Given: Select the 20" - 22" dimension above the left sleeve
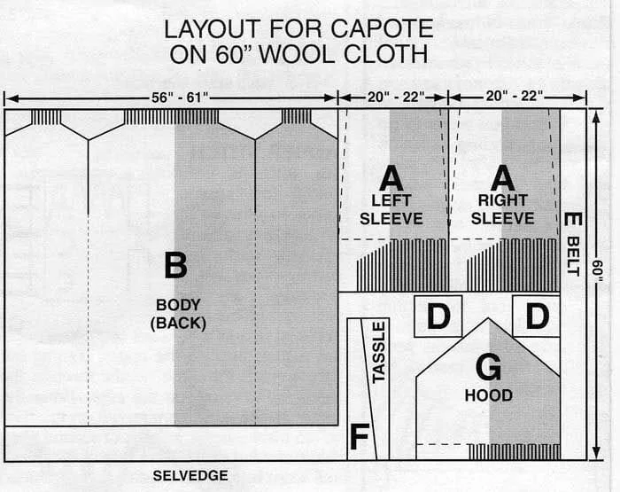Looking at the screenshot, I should pos(393,96).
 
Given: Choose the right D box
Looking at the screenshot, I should pos(536,316).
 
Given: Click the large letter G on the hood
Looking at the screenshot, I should pos(488,366).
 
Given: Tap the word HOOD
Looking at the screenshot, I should pos(488,395).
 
